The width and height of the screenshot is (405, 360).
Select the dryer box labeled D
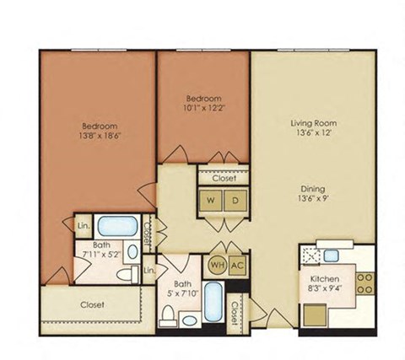pos(235,201)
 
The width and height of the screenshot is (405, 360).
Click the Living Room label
pos(302,122)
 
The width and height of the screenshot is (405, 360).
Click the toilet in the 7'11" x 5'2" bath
pos(126,273)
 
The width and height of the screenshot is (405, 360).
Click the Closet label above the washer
pos(224,178)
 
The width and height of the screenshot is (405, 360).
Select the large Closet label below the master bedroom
pos(92,304)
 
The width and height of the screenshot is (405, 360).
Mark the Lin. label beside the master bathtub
pos(83,225)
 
